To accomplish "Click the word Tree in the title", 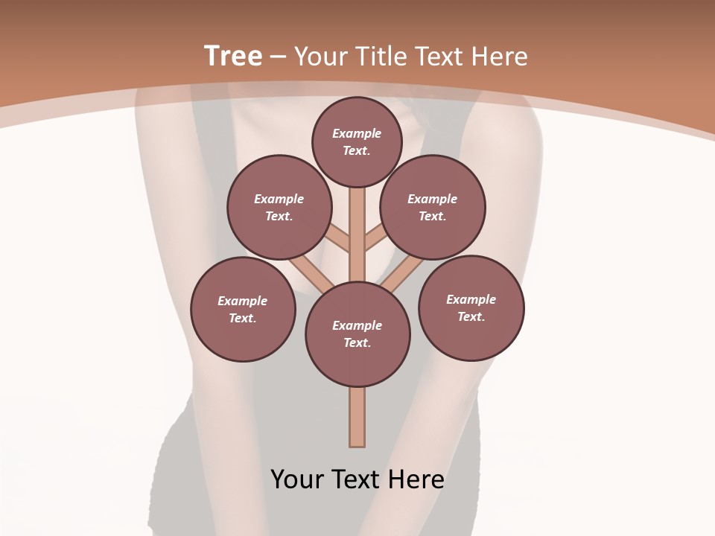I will (233, 57).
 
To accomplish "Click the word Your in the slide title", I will (322, 57).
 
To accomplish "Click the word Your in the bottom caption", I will (297, 479).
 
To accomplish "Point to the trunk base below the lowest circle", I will (357, 417).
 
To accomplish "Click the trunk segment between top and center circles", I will (357, 234).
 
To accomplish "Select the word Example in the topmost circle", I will (357, 133).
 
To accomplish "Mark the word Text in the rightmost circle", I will (471, 316).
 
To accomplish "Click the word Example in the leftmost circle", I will (242, 301).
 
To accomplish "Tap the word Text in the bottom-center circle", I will (357, 342).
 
